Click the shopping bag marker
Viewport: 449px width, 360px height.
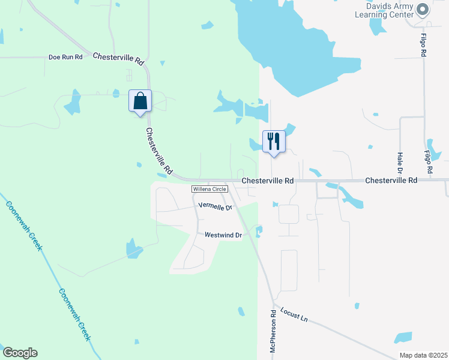coord(140,101)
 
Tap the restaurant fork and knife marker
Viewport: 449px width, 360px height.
coord(274,142)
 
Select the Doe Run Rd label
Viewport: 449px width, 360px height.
coord(65,58)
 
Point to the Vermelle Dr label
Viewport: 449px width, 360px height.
coord(215,206)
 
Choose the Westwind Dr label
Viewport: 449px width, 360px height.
coord(223,235)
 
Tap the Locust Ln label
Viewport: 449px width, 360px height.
coord(294,315)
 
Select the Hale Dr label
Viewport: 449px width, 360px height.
coord(400,162)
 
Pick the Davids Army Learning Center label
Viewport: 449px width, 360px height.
coord(385,10)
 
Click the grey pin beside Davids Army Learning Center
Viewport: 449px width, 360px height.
coord(423,10)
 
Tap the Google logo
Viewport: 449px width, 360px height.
coord(19,353)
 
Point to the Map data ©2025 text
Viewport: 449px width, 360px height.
coord(423,355)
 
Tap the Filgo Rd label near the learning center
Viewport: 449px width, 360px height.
coord(424,44)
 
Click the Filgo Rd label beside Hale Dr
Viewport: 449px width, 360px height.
coord(429,161)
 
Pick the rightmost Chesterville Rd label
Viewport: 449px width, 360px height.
coord(391,180)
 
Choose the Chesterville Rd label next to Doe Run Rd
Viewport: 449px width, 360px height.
coord(119,58)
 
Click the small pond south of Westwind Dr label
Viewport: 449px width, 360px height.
coord(241,311)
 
